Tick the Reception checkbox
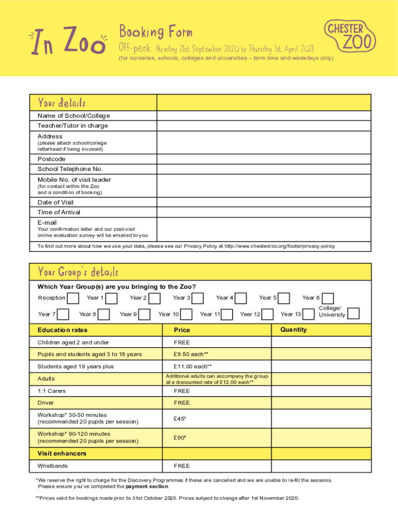point(74,298)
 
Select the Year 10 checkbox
point(187,314)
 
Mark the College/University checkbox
point(354,314)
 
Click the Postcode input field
point(264,159)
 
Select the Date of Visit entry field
point(264,202)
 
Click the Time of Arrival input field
point(264,212)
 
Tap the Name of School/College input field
point(264,115)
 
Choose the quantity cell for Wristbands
point(321,465)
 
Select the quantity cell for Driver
point(321,402)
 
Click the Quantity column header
point(294,330)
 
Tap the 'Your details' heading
point(62,102)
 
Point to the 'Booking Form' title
point(156,32)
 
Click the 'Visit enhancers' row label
point(62,454)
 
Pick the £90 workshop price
point(180,438)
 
